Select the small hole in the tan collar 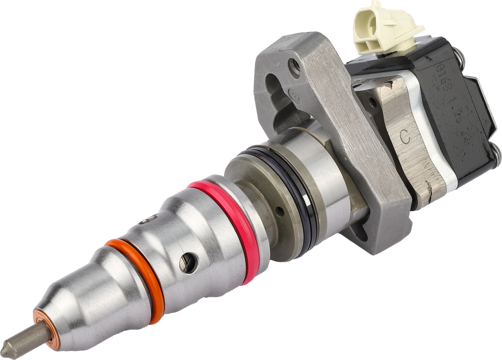pos(279,212)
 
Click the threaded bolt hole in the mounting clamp pos(294,67)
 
